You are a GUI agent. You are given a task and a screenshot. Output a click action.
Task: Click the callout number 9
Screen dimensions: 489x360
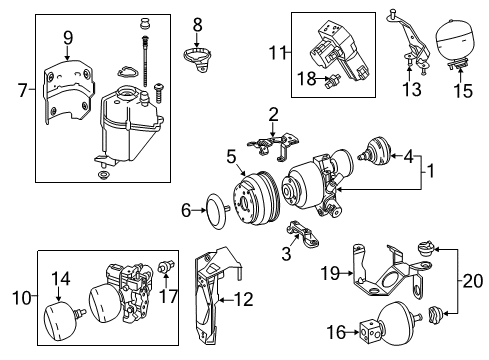[68, 38]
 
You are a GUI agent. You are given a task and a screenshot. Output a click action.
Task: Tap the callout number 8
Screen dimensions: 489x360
[198, 25]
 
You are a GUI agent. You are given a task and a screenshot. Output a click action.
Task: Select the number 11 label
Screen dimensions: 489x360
[278, 53]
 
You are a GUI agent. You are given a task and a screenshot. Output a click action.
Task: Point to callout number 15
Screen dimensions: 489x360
[463, 91]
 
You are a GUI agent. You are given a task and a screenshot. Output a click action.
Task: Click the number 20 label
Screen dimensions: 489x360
[473, 281]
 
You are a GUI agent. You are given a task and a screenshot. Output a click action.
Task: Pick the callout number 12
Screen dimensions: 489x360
[244, 299]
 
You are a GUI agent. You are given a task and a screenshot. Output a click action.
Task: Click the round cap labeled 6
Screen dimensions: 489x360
[217, 211]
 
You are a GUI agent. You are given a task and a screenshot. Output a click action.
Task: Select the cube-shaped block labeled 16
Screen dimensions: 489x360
[369, 332]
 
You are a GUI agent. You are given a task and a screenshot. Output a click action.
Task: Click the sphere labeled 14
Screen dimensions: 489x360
[61, 321]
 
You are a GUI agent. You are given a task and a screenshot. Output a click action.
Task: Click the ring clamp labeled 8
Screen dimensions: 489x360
[198, 59]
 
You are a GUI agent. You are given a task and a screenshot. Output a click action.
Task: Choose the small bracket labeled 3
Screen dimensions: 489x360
[302, 234]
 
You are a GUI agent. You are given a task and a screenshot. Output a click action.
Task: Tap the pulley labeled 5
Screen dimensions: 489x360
[255, 200]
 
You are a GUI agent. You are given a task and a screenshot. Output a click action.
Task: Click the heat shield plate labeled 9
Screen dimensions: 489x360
[69, 92]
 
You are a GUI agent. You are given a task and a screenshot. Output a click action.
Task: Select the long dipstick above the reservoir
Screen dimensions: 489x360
[145, 61]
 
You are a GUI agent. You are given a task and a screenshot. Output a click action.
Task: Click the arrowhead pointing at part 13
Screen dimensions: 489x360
[410, 69]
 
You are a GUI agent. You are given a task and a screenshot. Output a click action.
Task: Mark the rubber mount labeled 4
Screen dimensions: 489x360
[375, 151]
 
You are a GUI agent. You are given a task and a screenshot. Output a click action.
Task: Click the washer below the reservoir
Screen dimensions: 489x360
[101, 174]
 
